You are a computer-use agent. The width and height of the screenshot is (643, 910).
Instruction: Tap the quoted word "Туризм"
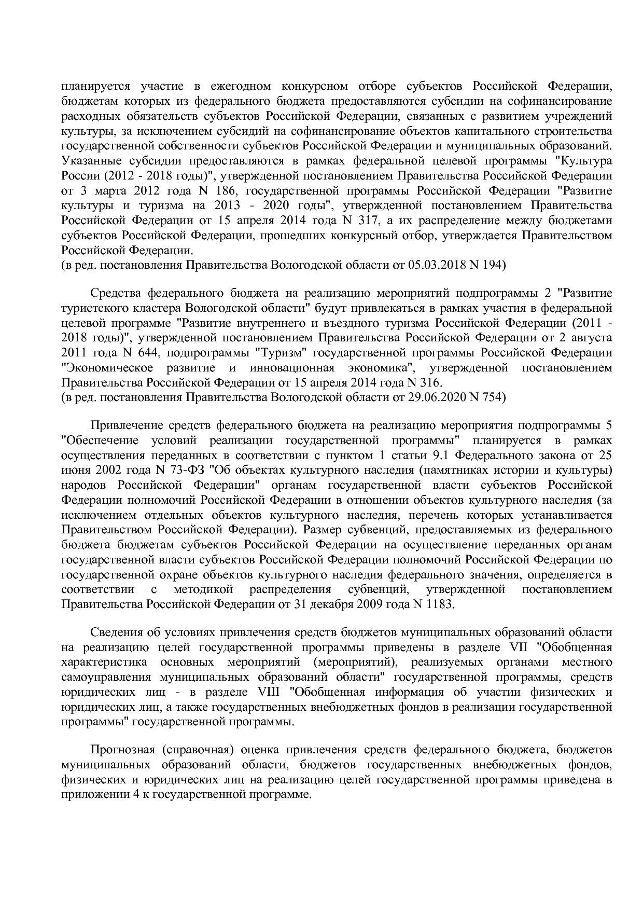[282, 353]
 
